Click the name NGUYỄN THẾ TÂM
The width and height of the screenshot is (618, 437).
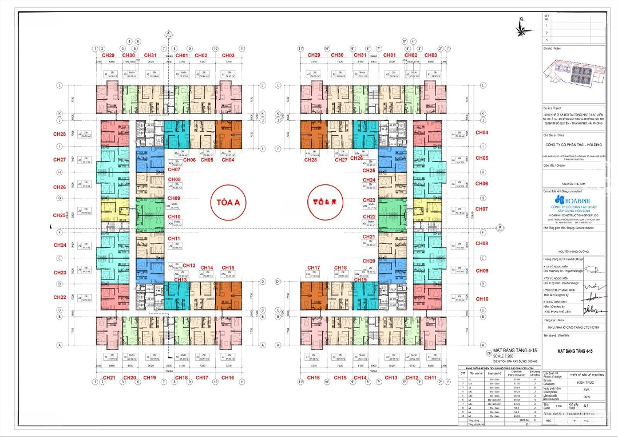(572, 183)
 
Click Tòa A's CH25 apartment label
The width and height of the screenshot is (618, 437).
(60, 215)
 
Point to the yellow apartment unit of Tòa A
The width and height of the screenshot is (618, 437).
(112, 212)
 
